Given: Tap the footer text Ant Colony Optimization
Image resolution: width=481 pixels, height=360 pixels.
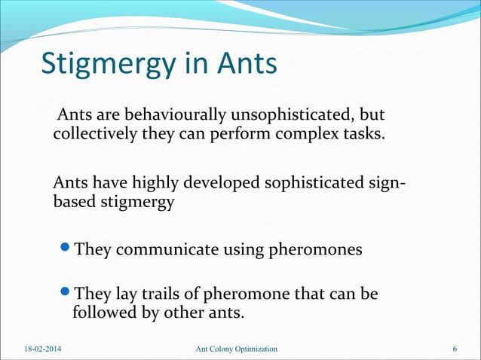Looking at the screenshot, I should click(x=235, y=349).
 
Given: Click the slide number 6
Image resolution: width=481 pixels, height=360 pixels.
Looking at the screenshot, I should click(x=455, y=349).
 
